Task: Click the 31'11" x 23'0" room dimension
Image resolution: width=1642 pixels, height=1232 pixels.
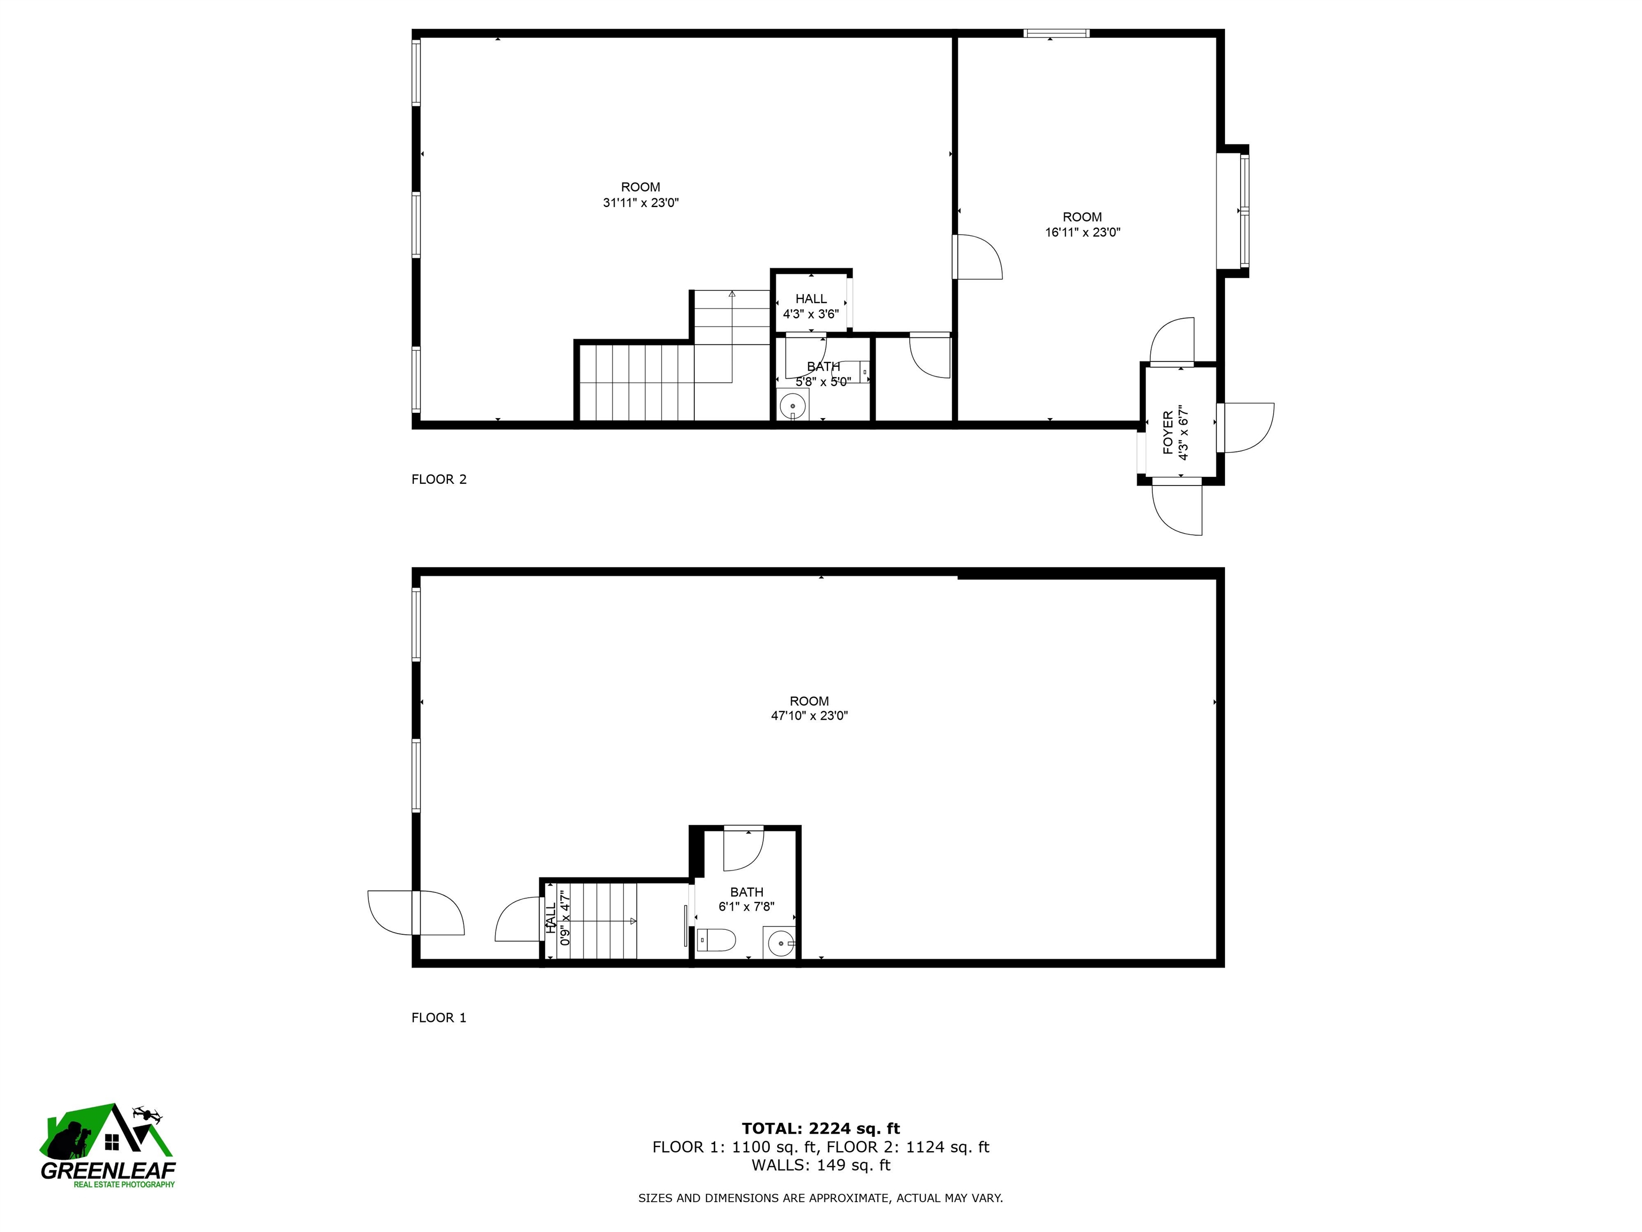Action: (641, 203)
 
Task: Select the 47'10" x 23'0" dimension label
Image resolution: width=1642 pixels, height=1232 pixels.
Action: (809, 716)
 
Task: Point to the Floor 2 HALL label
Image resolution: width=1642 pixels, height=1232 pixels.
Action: (811, 298)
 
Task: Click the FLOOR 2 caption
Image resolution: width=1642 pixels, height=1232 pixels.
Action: (439, 479)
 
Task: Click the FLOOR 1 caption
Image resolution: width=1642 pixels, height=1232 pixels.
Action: (439, 1018)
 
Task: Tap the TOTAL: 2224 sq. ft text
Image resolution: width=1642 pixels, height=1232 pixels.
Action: (820, 1129)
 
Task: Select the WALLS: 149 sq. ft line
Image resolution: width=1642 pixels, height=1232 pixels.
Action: (820, 1165)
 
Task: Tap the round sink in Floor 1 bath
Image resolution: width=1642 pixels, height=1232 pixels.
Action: (779, 944)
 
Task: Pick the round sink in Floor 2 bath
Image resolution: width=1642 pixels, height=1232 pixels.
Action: (793, 406)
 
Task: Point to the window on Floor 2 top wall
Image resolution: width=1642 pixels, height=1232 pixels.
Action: (1056, 33)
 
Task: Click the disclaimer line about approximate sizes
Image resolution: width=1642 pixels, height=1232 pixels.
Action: (820, 1198)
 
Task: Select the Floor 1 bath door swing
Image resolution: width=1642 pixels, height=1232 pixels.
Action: (742, 849)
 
